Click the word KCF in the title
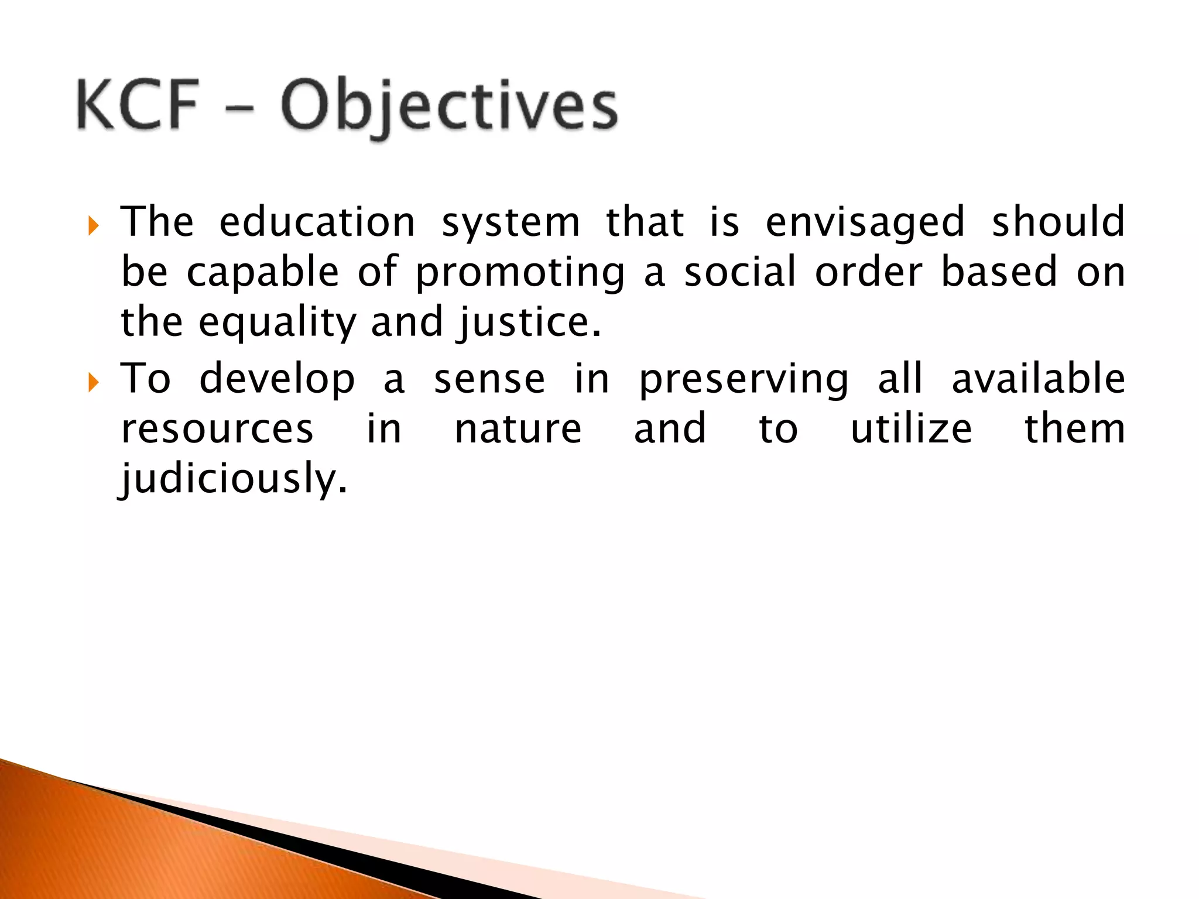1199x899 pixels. pyautogui.click(x=137, y=105)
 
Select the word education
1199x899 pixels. pyautogui.click(x=317, y=222)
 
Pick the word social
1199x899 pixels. pyautogui.click(x=740, y=272)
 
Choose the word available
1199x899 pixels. pyautogui.click(x=1038, y=379)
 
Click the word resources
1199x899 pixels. pyautogui.click(x=217, y=429)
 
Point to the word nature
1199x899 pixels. pyautogui.click(x=518, y=429)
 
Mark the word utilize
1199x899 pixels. pyautogui.click(x=911, y=429)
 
